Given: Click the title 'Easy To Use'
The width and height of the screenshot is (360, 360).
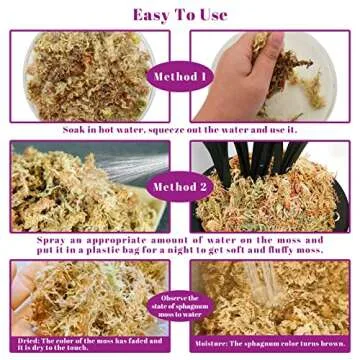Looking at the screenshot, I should click(179, 14).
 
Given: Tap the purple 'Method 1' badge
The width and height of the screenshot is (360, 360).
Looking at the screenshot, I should click(180, 77).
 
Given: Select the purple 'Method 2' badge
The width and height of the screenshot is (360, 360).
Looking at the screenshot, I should click(180, 185).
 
